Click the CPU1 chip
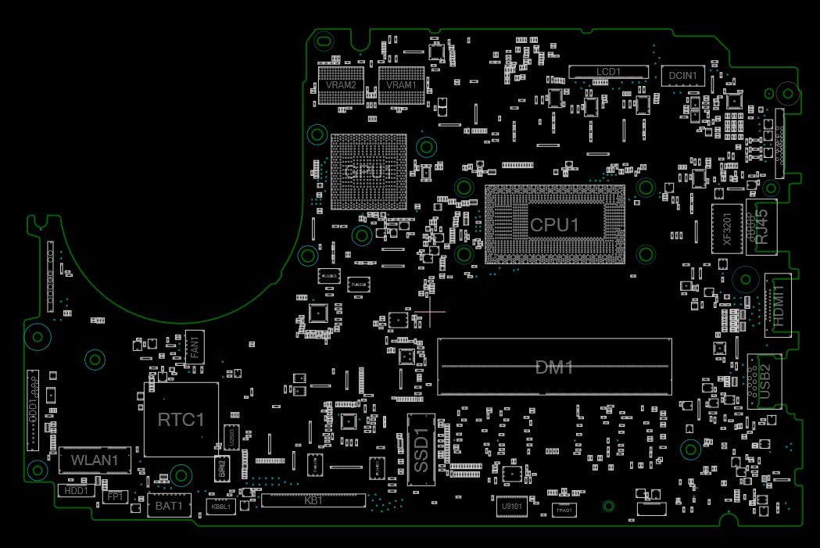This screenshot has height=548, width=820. click(555, 224)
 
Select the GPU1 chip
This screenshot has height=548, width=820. click(369, 172)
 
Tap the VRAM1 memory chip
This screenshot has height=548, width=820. click(401, 85)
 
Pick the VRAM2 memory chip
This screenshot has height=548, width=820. click(342, 85)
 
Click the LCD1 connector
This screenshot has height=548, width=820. click(609, 72)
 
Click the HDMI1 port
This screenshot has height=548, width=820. click(777, 304)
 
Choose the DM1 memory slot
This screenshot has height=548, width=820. click(554, 367)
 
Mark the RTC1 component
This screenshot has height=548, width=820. click(181, 420)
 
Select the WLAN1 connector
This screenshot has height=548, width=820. click(95, 460)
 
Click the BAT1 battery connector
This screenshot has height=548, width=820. click(169, 506)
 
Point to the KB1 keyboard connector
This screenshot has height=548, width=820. click(313, 500)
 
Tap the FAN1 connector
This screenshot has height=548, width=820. click(195, 346)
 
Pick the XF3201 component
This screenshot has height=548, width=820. click(727, 229)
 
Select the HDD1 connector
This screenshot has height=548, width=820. click(76, 491)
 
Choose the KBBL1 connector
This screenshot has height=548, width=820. click(220, 507)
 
